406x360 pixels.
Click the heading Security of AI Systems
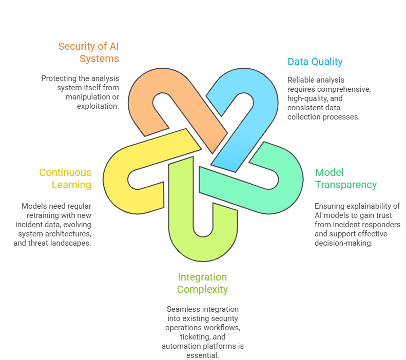[88, 52]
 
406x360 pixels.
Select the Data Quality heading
[315, 62]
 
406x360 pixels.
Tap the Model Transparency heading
[345, 178]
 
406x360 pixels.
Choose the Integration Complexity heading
[202, 283]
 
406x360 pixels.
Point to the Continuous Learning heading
[65, 178]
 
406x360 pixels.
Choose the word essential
[203, 355]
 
